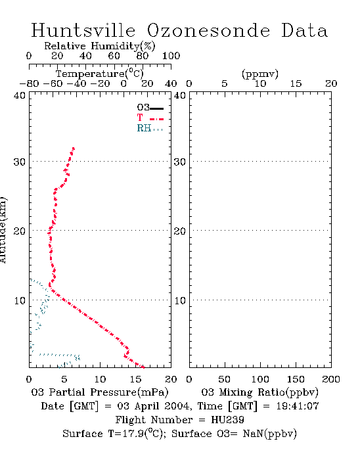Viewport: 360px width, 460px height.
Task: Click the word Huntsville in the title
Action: [x=83, y=30]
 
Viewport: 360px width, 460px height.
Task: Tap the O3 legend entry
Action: [x=150, y=108]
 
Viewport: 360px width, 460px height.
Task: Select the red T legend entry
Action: [x=150, y=118]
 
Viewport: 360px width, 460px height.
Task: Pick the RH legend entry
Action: [x=150, y=128]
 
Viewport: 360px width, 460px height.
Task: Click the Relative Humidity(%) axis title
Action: [x=99, y=46]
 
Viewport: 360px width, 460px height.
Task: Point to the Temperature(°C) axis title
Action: [x=99, y=74]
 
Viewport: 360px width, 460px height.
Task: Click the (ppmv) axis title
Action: [x=260, y=74]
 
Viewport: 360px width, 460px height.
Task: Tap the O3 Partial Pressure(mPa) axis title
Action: [x=100, y=392]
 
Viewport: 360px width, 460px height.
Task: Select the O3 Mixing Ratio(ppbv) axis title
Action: [x=259, y=392]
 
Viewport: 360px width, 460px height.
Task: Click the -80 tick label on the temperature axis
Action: [x=29, y=84]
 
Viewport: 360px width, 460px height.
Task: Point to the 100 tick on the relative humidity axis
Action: [x=171, y=56]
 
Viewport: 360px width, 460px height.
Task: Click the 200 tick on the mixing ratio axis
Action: [x=331, y=379]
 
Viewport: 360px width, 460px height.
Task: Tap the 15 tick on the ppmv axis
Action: [x=296, y=84]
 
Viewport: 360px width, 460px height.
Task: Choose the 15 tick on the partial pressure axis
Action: [x=135, y=379]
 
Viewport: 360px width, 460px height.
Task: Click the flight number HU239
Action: [x=227, y=420]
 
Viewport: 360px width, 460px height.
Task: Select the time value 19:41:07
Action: [x=298, y=406]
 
